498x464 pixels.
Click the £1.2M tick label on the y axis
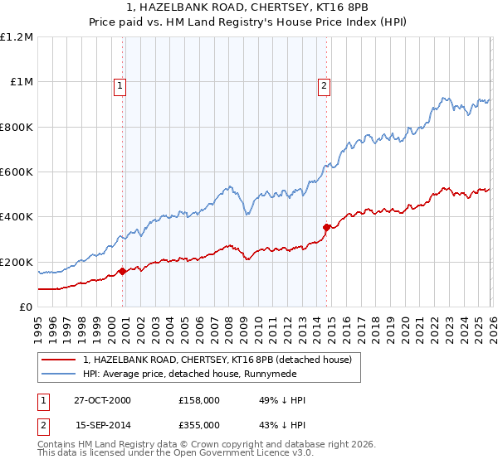(17, 37)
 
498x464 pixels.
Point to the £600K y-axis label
(17, 172)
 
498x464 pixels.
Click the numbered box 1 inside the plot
(120, 85)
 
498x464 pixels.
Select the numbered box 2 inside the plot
(323, 85)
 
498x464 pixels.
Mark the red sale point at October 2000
(123, 271)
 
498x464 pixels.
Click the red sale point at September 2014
(326, 226)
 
